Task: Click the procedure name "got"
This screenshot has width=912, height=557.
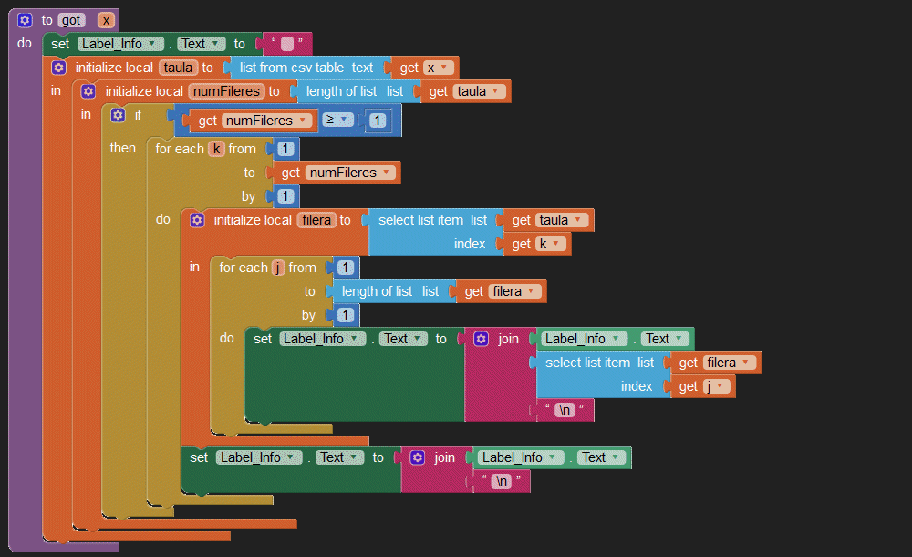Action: pyautogui.click(x=72, y=20)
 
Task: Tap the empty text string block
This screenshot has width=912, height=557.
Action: pyautogui.click(x=287, y=44)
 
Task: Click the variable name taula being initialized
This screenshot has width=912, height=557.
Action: pyautogui.click(x=179, y=68)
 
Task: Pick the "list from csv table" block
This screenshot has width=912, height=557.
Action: pyautogui.click(x=306, y=68)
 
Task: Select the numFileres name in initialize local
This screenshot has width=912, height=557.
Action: pyautogui.click(x=225, y=91)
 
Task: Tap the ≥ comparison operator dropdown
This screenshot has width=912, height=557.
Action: pyautogui.click(x=335, y=121)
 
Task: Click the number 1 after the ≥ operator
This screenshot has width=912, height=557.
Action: pyautogui.click(x=377, y=121)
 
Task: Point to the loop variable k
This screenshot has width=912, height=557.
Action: pyautogui.click(x=216, y=149)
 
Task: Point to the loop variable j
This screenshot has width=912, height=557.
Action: pyautogui.click(x=278, y=268)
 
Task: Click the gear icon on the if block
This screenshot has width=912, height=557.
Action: pyautogui.click(x=118, y=115)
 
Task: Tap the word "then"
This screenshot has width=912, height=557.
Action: pyautogui.click(x=122, y=148)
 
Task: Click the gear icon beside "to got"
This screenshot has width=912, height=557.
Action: pyautogui.click(x=26, y=20)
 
